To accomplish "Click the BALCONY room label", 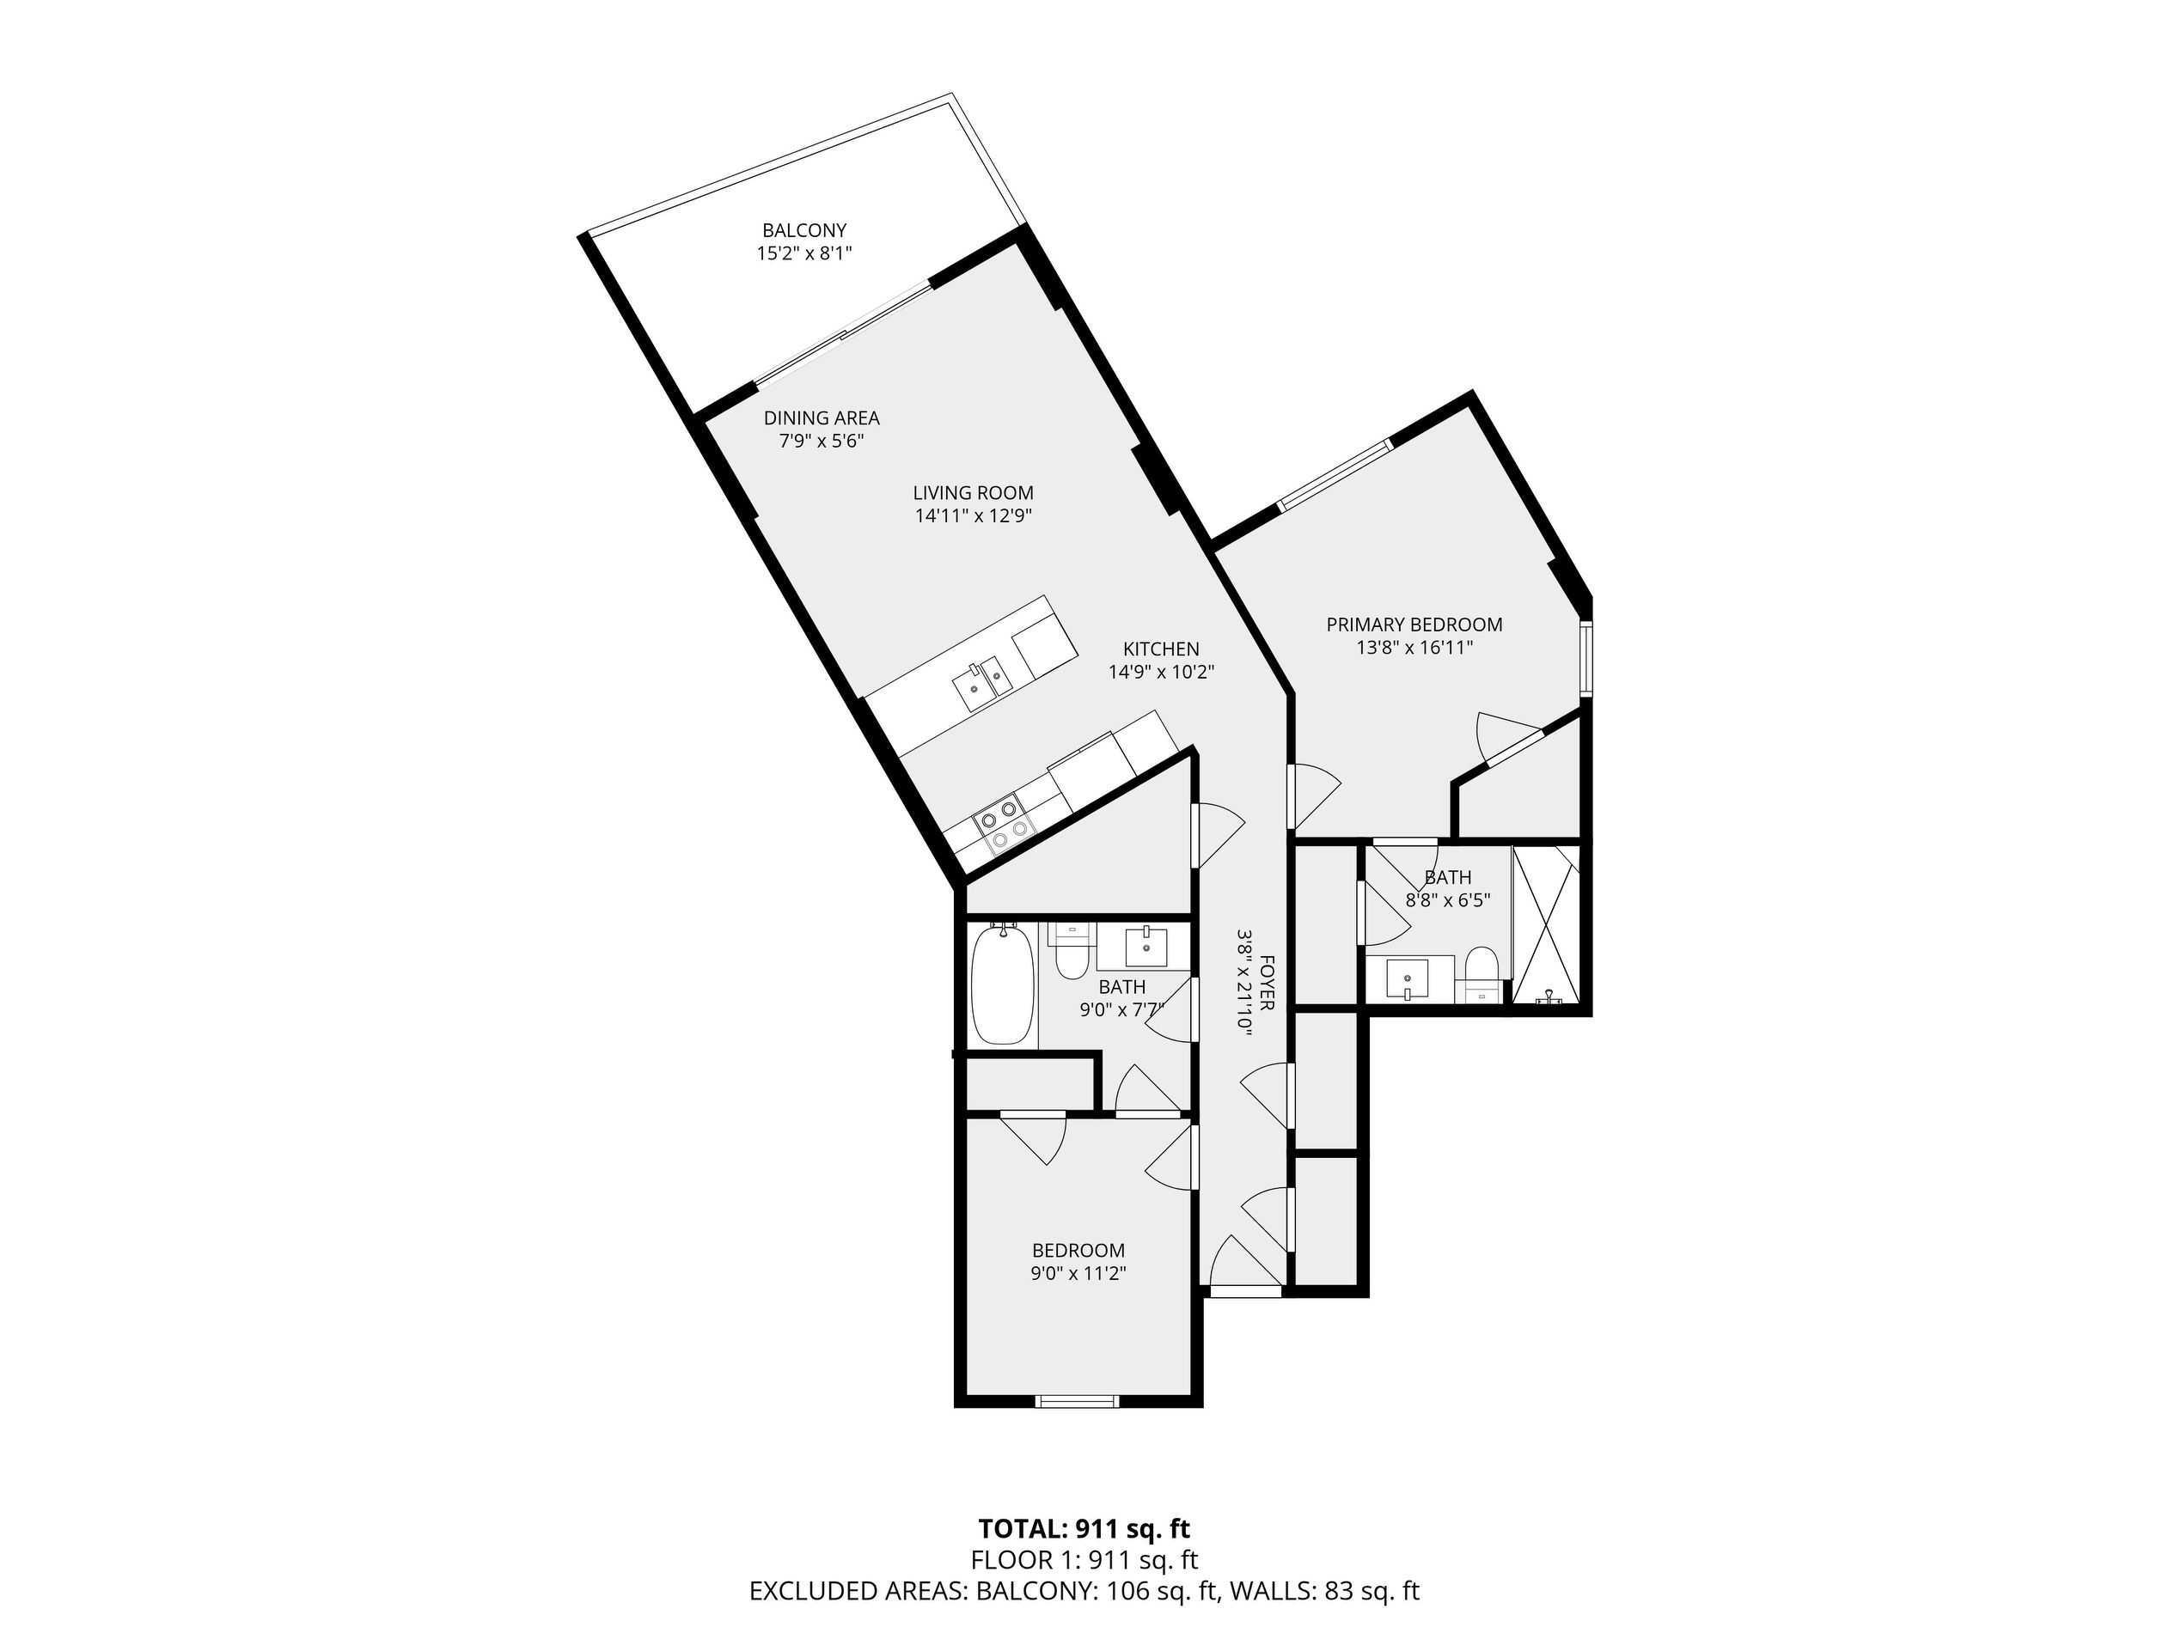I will point(804,230).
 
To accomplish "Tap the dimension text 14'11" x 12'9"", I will point(973,516).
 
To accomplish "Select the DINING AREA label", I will point(822,417).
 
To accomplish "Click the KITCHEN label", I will point(1161,649).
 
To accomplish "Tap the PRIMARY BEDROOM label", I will point(1414,625).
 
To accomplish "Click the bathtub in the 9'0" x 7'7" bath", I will point(1001,984).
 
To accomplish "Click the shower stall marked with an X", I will point(1545,925).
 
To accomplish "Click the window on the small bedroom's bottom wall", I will point(1078,1402).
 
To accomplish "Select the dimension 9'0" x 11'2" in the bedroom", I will point(1078,1274).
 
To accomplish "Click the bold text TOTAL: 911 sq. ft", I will point(1084,1528).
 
